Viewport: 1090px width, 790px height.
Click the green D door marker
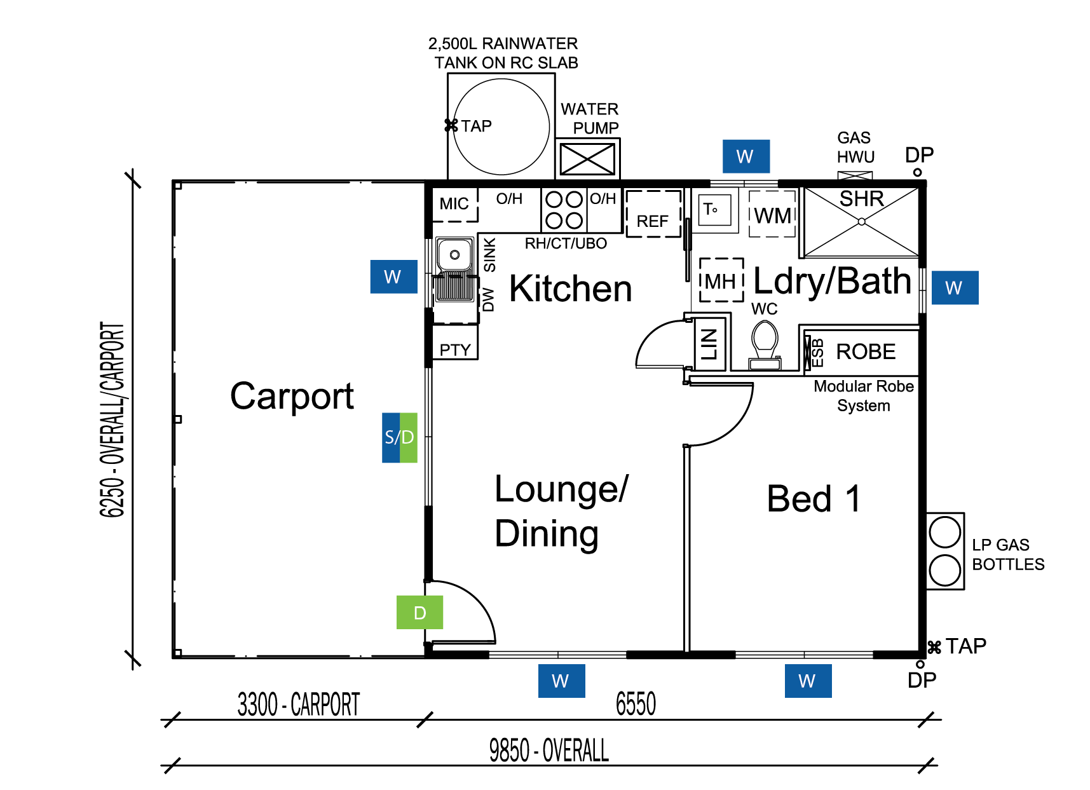coord(419,612)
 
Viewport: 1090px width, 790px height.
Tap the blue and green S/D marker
coord(400,437)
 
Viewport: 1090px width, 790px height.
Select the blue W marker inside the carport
coord(394,276)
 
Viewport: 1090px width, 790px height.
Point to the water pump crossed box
coord(587,158)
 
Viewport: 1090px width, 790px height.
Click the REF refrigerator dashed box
coord(653,214)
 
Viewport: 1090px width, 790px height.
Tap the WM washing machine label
coord(773,216)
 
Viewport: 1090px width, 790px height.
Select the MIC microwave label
coord(454,204)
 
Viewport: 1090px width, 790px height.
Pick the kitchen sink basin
coord(455,255)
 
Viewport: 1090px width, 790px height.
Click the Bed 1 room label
coord(814,498)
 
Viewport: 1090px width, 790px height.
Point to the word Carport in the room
coord(292,397)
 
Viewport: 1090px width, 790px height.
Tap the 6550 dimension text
coord(636,704)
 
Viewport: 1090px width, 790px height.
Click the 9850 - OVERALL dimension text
coord(549,750)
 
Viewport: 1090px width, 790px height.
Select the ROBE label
coord(866,351)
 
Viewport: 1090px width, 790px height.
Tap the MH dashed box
coord(721,280)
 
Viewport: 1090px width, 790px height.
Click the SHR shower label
coord(862,199)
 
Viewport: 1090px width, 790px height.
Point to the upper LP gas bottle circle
coord(945,532)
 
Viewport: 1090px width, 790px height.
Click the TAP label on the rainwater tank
coord(477,126)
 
